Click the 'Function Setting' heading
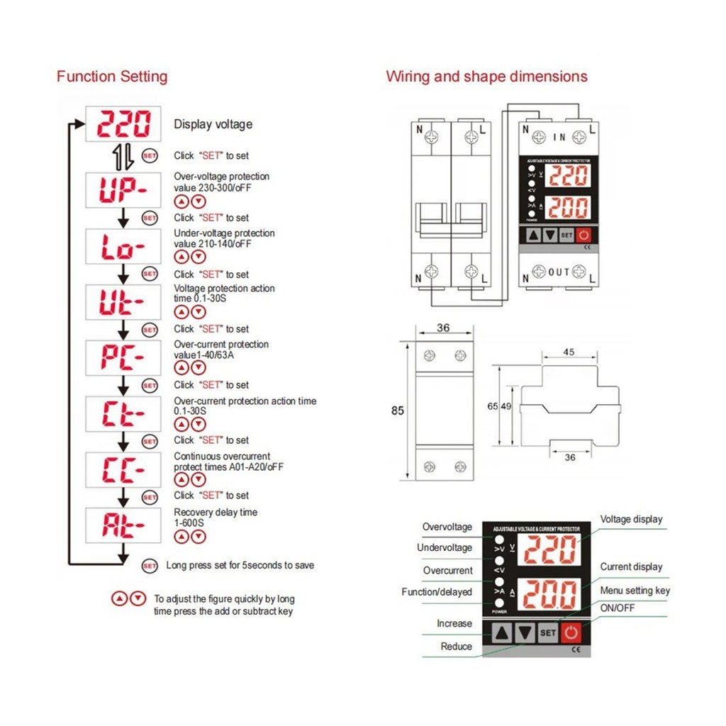pos(112,77)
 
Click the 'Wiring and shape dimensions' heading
pos(486,77)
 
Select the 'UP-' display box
pos(123,190)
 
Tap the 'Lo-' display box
pos(123,247)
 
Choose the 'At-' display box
pos(123,525)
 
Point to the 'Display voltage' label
pos(213,125)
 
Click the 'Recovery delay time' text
pos(216,512)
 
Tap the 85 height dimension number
pos(397,411)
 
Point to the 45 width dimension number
pos(569,352)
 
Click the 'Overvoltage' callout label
pos(447,527)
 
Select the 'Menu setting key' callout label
pos(635,591)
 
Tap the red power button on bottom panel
pos(571,632)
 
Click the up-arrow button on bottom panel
pos(502,632)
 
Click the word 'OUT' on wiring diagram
pos(559,272)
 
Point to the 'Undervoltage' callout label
pos(444,547)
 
